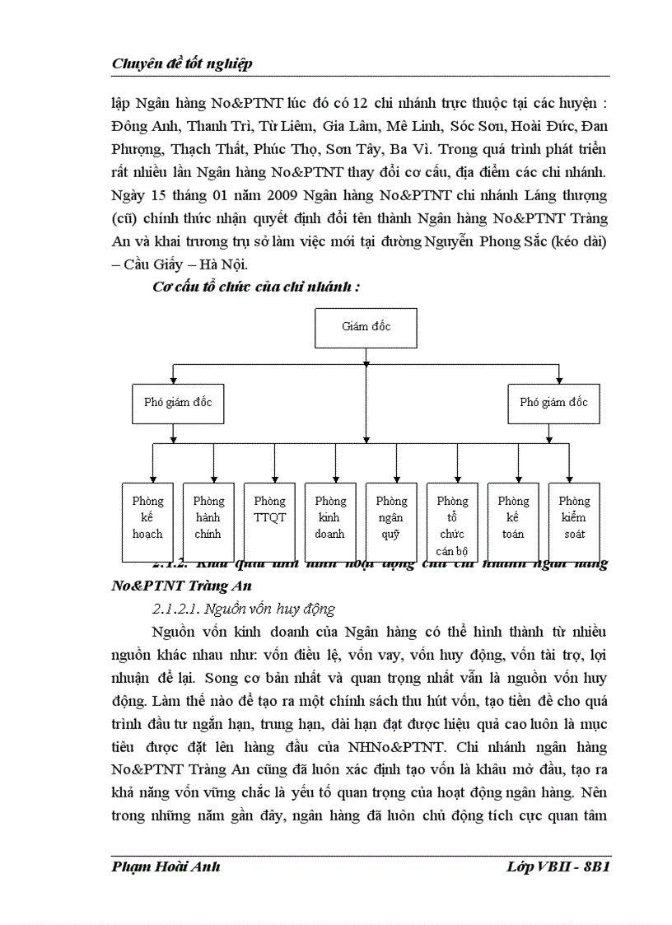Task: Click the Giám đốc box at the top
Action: coord(366,327)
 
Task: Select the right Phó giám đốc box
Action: coord(553,403)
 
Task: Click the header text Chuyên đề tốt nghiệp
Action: coord(181,63)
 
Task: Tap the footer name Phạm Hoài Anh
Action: coord(166,867)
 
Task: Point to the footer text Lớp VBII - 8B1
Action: coord(559,867)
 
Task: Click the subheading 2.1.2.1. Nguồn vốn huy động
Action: coord(245,610)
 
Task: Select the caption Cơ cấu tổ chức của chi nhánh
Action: coord(256,287)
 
